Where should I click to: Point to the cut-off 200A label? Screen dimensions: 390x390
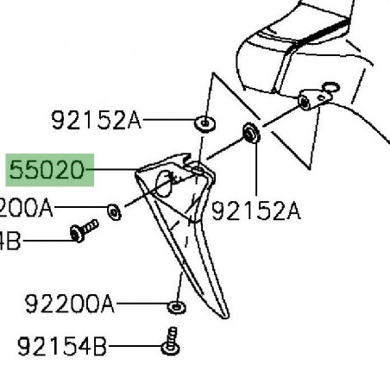point(27,208)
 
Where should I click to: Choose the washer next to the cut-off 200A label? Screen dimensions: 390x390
point(114,209)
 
